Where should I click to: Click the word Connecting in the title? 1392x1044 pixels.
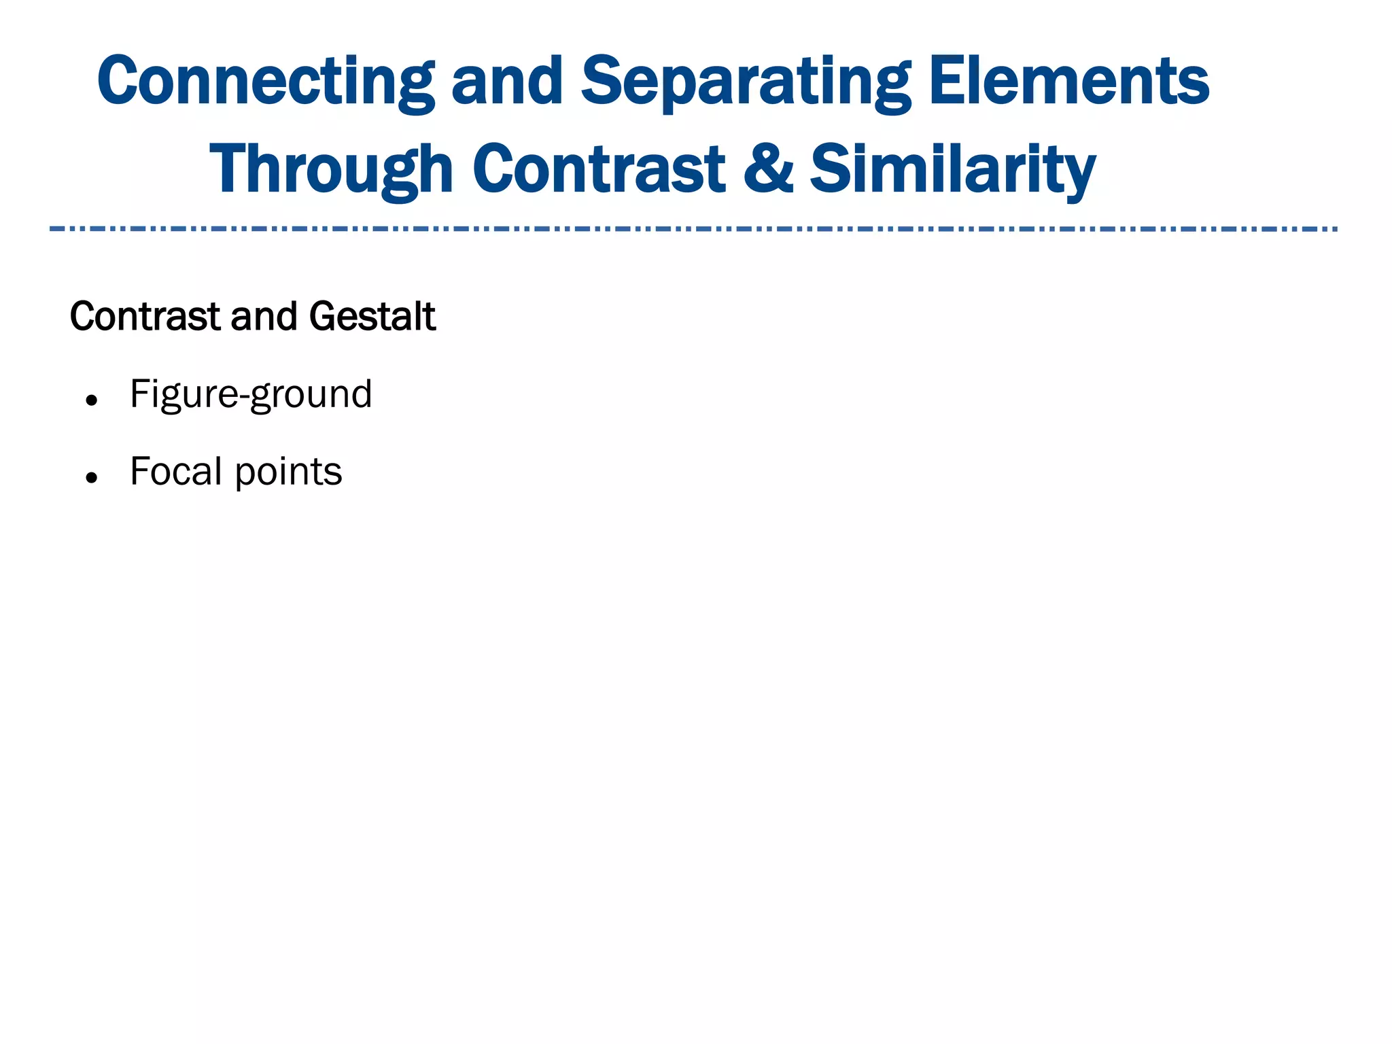(x=265, y=82)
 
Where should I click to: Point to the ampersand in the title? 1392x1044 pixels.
(x=767, y=169)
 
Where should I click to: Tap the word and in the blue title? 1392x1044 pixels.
(x=507, y=82)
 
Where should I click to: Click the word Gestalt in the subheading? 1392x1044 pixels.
(x=372, y=317)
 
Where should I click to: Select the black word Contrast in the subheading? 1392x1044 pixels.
(x=145, y=317)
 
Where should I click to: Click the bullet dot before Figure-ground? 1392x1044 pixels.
(x=92, y=400)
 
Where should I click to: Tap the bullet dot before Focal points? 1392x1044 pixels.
(x=92, y=478)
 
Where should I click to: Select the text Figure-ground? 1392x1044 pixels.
(x=251, y=394)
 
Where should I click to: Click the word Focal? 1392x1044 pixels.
(x=175, y=471)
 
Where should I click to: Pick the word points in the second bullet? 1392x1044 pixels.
(x=288, y=472)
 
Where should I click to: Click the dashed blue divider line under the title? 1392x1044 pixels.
(x=693, y=229)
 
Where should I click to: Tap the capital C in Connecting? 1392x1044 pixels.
(x=123, y=82)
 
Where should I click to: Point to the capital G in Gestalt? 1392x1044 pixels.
(x=324, y=317)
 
